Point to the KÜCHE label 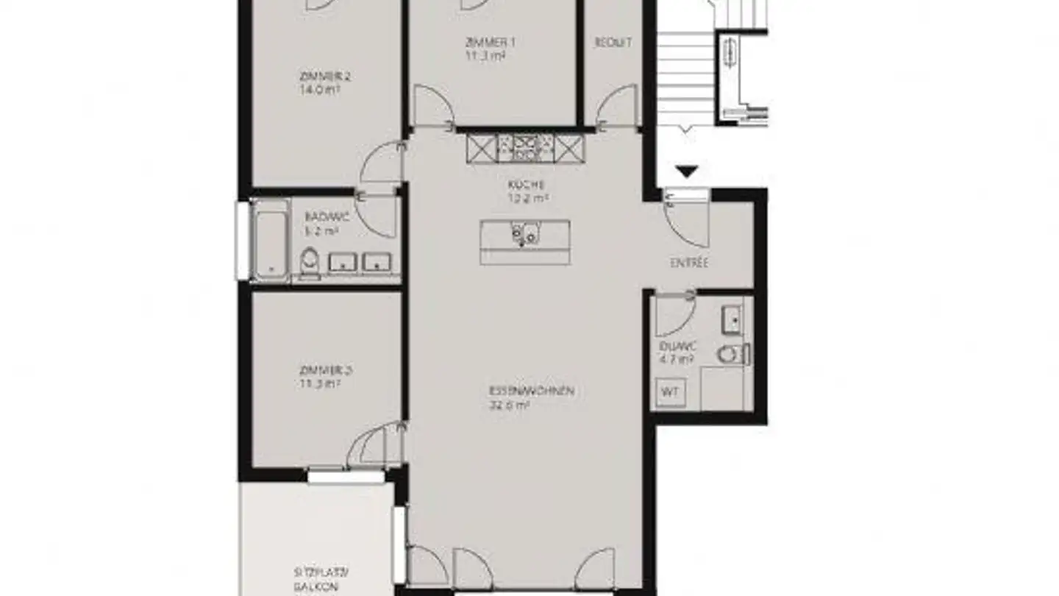[x=526, y=185]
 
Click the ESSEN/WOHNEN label [x=531, y=391]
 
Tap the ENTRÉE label [x=689, y=263]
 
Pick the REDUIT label [x=613, y=43]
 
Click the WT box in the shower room [x=670, y=391]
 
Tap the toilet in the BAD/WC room [x=310, y=262]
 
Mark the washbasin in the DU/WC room [x=732, y=319]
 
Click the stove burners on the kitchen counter [x=526, y=147]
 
